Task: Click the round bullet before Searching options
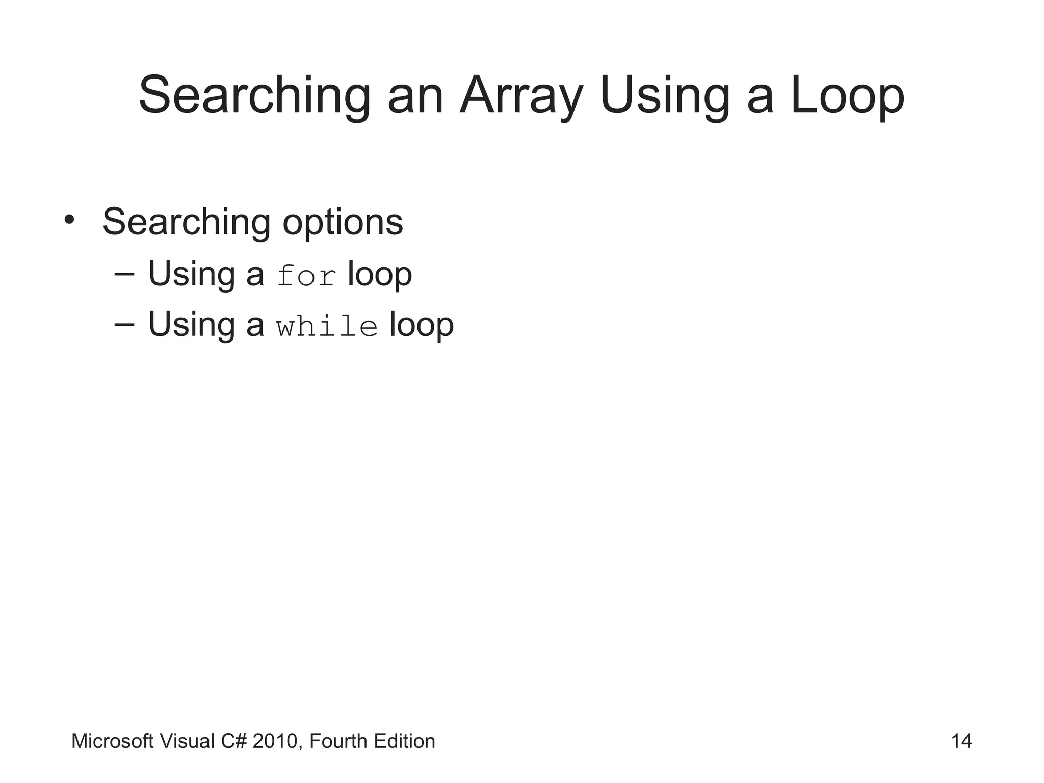69,220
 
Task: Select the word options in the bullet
343,222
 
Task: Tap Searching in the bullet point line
186,222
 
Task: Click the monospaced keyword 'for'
306,275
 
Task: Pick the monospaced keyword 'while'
327,326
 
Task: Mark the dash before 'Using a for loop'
124,275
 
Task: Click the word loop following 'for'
379,274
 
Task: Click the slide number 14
961,741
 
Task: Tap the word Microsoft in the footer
112,741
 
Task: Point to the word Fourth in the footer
338,741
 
